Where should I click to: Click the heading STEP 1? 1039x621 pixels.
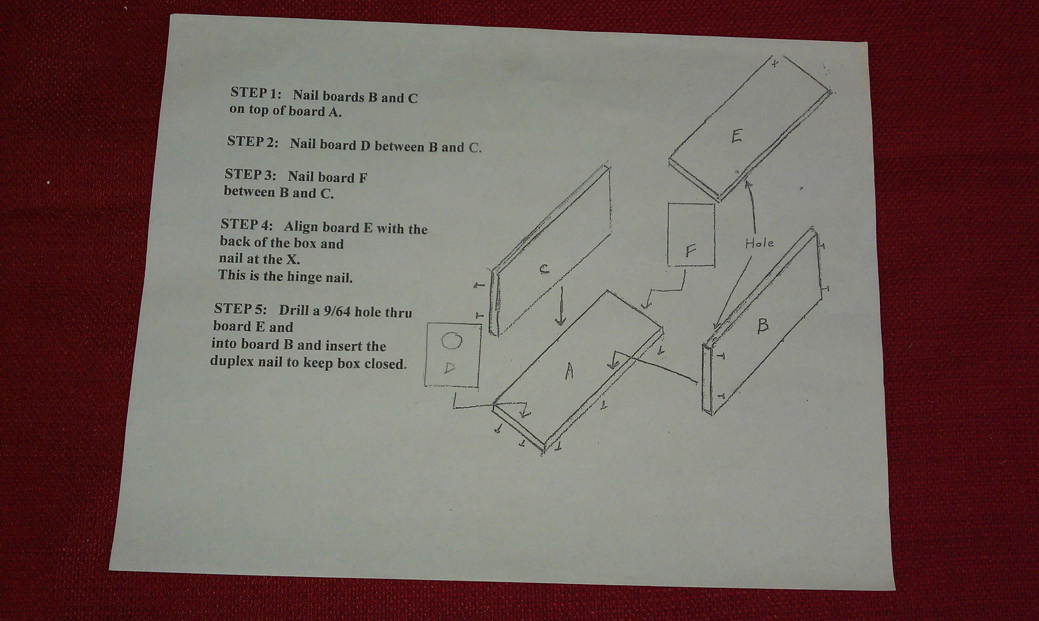pos(255,92)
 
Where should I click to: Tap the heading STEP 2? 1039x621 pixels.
pos(252,141)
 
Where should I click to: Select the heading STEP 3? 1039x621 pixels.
pos(250,174)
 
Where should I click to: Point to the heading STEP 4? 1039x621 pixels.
pos(246,225)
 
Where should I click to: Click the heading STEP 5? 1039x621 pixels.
pos(240,309)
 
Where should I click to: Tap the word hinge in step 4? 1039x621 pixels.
pos(300,277)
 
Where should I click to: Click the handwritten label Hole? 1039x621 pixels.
pos(759,243)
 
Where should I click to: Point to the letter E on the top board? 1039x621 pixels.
pos(736,136)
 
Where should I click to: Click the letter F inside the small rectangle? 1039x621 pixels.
pos(691,251)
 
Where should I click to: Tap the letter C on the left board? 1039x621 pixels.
pos(544,268)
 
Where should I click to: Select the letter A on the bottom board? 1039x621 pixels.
pos(569,371)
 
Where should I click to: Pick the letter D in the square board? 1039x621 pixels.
pos(449,368)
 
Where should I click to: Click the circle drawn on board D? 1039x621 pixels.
pos(451,340)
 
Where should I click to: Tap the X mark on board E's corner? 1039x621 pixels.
pos(774,64)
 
